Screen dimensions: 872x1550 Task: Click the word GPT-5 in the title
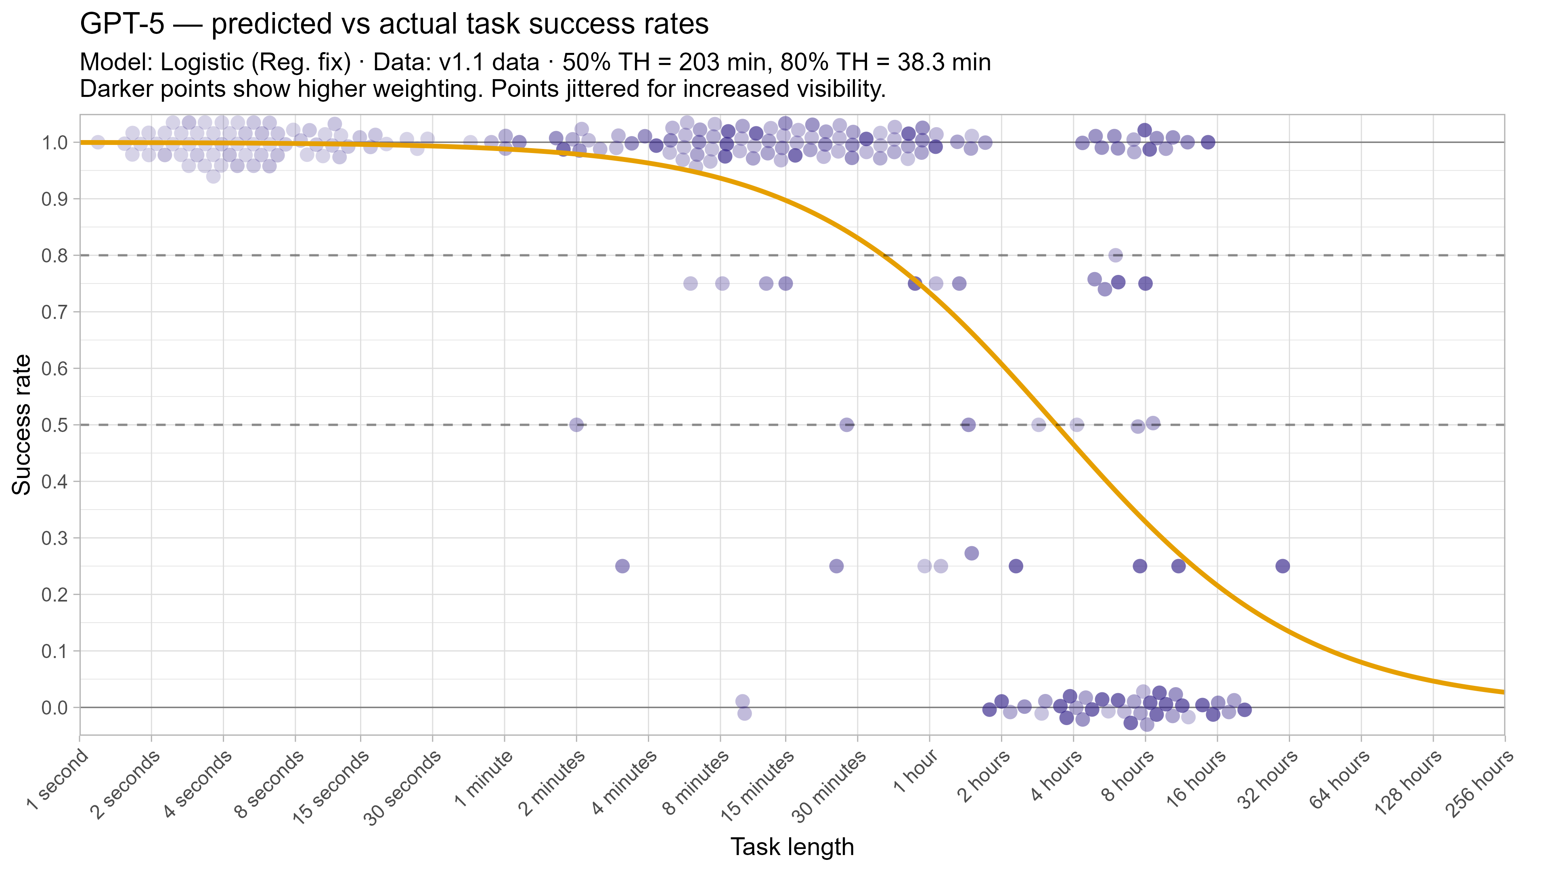point(121,25)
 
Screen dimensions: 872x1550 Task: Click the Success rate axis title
point(22,424)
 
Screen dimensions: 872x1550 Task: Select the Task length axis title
point(792,847)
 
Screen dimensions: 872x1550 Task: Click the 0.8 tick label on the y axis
point(54,256)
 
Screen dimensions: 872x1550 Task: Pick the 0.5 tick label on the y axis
point(54,425)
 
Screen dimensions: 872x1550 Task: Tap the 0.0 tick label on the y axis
point(54,708)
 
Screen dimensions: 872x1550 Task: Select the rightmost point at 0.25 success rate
point(1282,566)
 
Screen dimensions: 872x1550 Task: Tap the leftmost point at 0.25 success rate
point(622,566)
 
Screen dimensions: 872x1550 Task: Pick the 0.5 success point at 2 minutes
point(576,425)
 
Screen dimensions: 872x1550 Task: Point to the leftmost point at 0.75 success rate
point(690,283)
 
